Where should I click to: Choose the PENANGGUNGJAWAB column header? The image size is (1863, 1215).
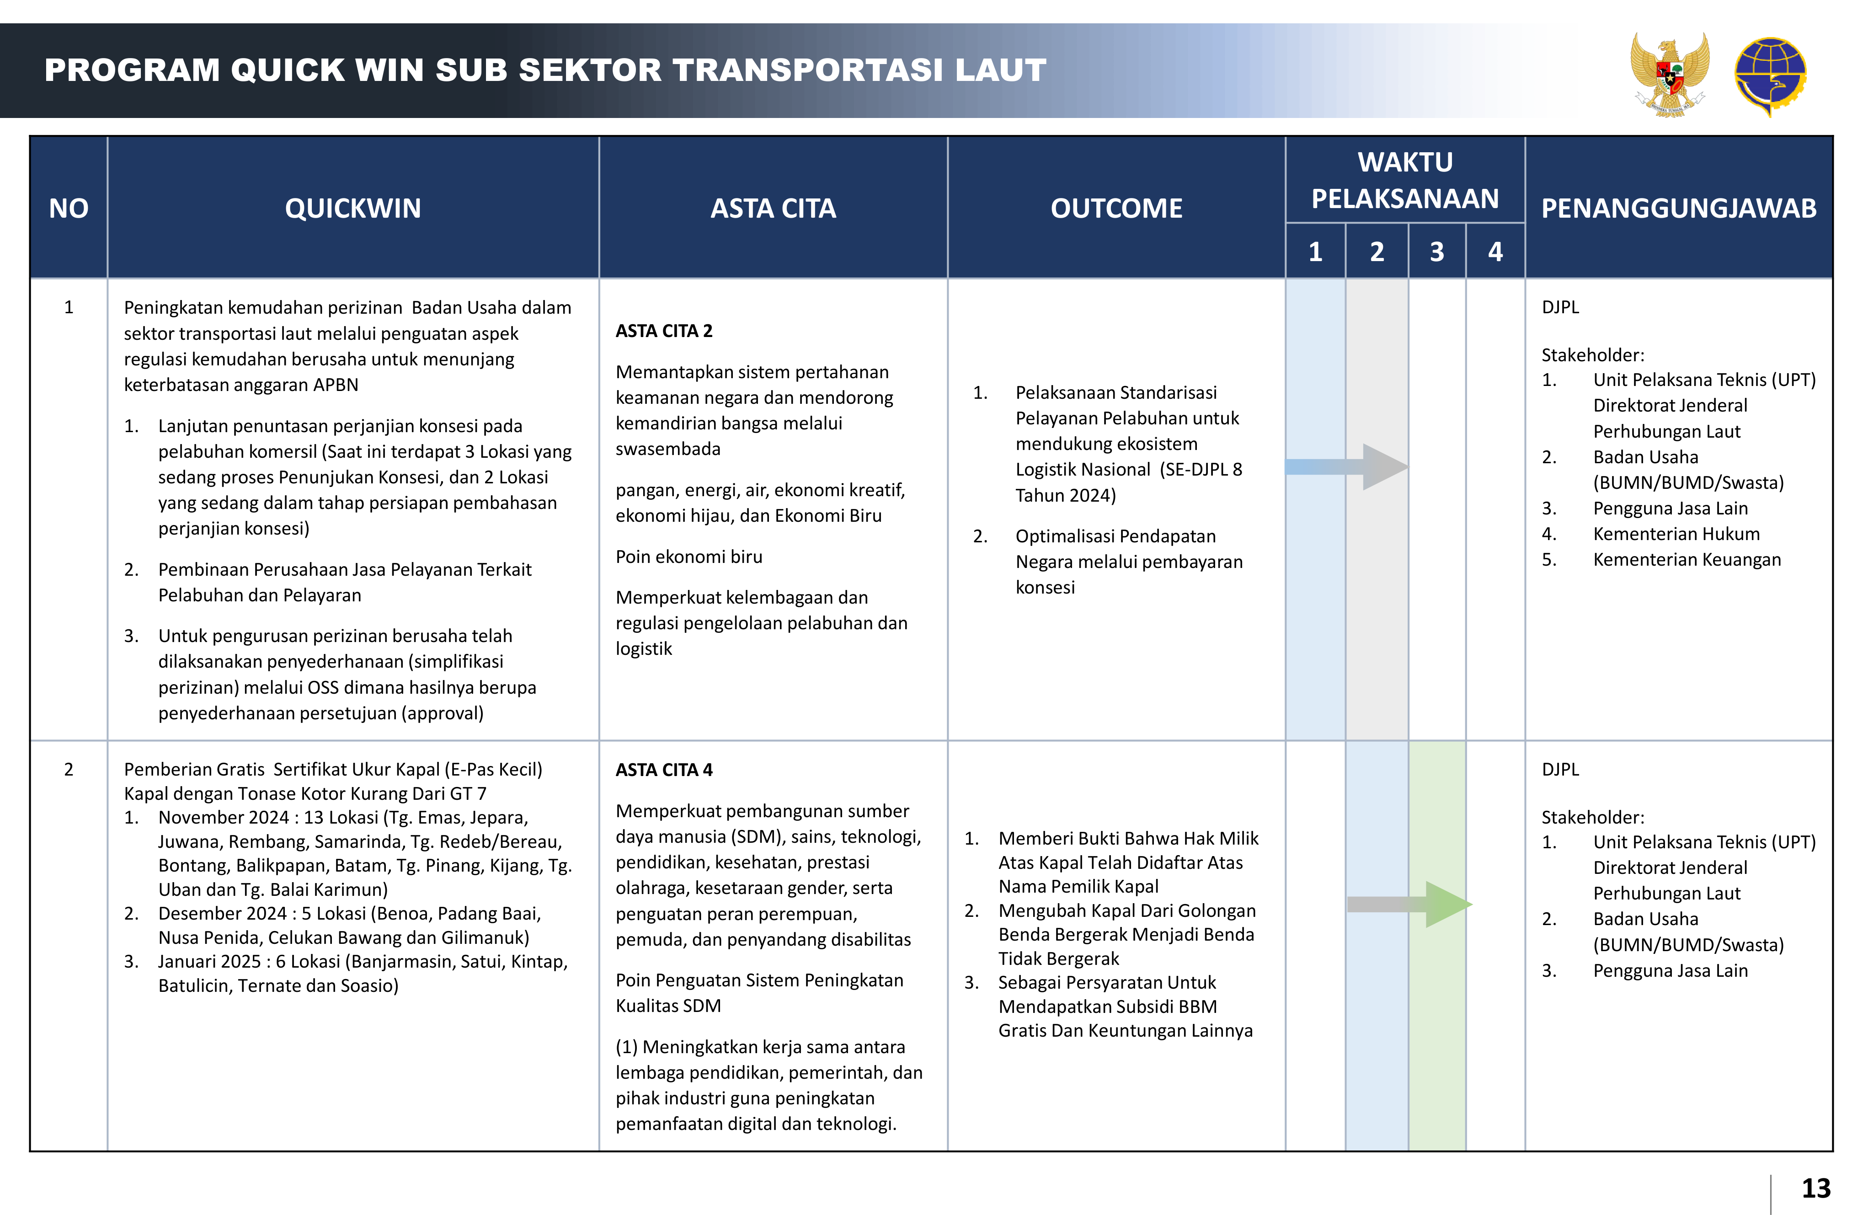tap(1678, 208)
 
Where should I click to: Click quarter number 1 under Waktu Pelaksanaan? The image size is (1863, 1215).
tap(1315, 252)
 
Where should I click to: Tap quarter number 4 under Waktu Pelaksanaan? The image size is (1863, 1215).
tap(1495, 252)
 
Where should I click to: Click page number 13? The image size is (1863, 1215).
tap(1816, 1188)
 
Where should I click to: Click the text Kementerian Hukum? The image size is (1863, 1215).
tap(1676, 534)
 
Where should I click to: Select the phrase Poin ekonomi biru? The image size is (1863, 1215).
tap(689, 557)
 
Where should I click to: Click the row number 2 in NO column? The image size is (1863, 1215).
tap(69, 770)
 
